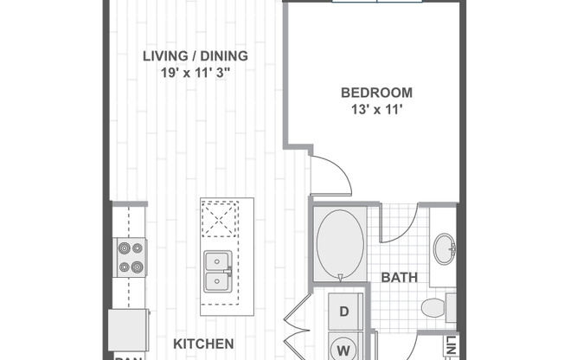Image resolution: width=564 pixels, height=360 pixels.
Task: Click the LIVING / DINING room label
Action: click(195, 56)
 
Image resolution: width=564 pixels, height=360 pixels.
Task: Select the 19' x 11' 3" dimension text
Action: click(195, 73)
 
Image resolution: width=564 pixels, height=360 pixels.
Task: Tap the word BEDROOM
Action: click(376, 93)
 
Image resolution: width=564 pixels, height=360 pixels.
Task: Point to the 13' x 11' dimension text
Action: click(376, 109)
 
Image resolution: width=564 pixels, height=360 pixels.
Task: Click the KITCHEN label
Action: click(203, 344)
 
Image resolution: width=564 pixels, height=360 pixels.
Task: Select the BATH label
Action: click(399, 278)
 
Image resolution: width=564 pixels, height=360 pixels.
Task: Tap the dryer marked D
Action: click(343, 312)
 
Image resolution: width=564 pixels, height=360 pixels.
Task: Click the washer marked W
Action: click(343, 349)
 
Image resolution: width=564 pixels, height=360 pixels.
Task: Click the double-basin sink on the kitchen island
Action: click(217, 272)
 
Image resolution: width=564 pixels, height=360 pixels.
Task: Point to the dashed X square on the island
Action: click(217, 218)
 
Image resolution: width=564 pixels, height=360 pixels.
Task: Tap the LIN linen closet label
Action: click(451, 345)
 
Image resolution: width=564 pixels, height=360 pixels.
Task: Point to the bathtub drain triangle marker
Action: click(341, 278)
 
